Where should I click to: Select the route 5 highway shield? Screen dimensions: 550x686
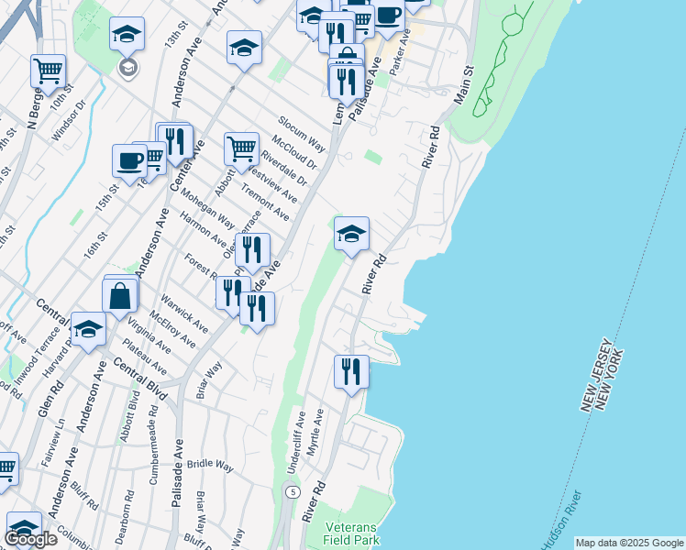[293, 492]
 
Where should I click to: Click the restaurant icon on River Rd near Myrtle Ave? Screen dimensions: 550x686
[351, 372]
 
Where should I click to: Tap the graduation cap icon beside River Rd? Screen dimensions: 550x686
[351, 234]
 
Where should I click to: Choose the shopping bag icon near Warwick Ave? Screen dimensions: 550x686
[120, 295]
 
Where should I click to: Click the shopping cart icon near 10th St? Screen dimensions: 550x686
[48, 71]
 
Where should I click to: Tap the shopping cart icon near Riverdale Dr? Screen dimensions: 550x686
[241, 148]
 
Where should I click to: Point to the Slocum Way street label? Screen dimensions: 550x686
[302, 135]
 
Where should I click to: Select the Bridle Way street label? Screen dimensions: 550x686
[210, 466]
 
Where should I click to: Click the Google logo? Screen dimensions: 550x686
[30, 539]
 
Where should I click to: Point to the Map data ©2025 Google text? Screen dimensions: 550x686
[628, 543]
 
